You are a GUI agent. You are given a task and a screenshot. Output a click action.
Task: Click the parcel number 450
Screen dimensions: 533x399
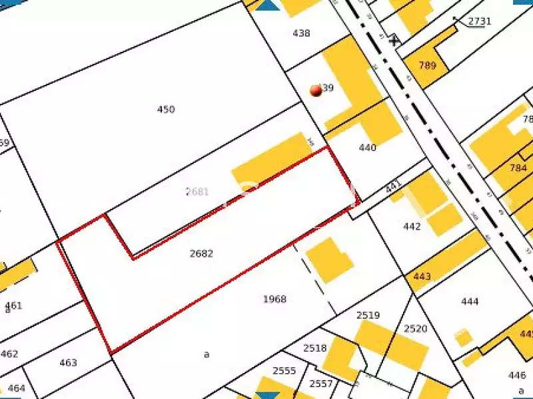(165, 109)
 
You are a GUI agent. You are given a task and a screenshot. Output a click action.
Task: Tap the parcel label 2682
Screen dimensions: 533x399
(201, 253)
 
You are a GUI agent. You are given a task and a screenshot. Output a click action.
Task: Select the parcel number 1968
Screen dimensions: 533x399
(274, 299)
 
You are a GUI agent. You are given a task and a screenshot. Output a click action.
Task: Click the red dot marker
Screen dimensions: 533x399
(316, 90)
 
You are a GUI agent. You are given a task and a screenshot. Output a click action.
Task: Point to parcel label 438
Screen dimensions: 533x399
(301, 33)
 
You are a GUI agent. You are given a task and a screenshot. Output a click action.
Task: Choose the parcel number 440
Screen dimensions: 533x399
(367, 148)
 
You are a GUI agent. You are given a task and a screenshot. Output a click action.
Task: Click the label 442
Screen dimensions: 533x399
(412, 226)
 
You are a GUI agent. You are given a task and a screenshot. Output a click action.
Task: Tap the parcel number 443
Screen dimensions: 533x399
(422, 277)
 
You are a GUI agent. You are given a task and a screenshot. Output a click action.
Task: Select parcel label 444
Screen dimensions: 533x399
(470, 302)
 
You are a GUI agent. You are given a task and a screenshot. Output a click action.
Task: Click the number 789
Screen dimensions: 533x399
(428, 65)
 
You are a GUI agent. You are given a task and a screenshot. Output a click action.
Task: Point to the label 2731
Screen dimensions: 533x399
(479, 21)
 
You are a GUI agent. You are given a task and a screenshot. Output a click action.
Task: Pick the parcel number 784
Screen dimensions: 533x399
(518, 168)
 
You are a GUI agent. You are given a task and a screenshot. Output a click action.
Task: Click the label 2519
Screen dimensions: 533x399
(368, 315)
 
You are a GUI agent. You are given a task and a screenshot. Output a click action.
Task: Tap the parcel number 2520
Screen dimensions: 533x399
(415, 329)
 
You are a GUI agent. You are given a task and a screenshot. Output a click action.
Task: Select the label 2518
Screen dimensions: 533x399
(315, 348)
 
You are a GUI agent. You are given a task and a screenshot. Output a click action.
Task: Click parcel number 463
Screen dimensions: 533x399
(68, 362)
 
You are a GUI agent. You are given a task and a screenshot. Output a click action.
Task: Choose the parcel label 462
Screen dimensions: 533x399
(9, 354)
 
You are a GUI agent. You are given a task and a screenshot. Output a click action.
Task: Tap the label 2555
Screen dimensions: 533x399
(284, 370)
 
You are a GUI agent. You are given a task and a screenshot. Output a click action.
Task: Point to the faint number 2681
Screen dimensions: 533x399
(197, 192)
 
